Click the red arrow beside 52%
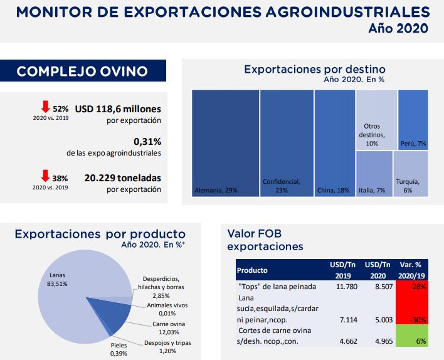point(45,107)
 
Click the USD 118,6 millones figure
point(118,109)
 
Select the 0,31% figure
point(147,141)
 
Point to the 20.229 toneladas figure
point(122,177)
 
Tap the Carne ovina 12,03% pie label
point(164,327)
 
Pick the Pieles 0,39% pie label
point(119,349)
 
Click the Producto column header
point(252,270)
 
